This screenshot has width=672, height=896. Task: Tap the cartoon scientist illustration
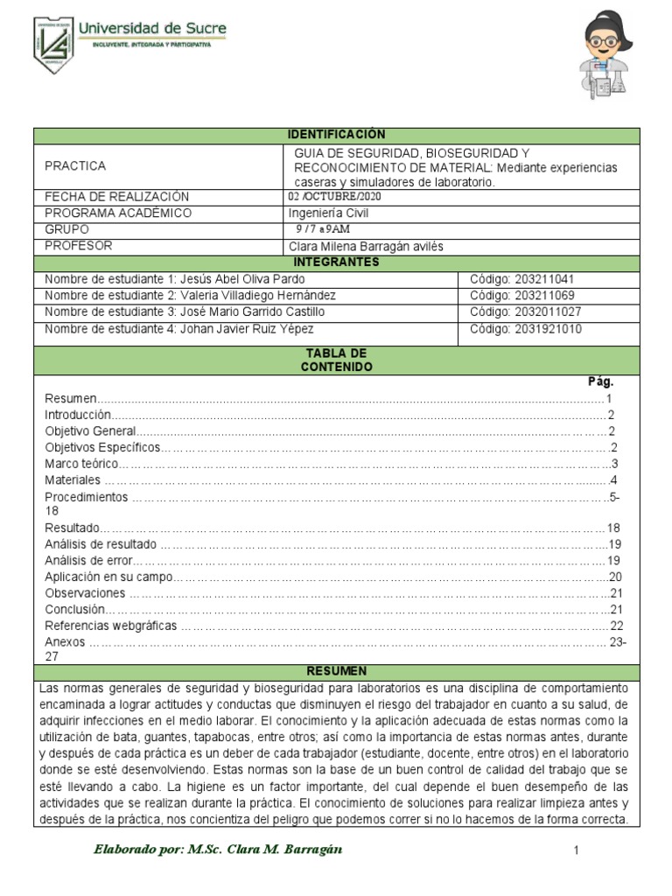click(607, 56)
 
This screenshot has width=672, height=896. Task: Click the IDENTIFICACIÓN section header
click(337, 135)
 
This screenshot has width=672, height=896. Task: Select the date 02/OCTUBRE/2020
click(334, 197)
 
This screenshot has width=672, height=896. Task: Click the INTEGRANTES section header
click(337, 262)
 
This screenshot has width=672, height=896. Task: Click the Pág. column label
click(600, 381)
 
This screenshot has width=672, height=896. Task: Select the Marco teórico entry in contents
click(80, 464)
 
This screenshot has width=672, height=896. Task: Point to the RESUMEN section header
click(337, 671)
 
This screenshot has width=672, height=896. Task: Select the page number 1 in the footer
click(577, 850)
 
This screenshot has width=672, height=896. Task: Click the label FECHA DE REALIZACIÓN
click(116, 197)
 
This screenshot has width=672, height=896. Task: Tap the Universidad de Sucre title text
click(152, 29)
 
